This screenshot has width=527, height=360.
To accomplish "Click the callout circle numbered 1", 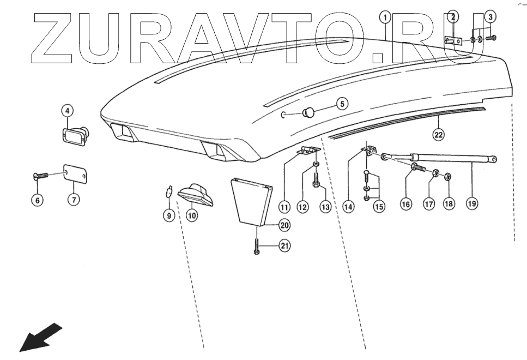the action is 385,17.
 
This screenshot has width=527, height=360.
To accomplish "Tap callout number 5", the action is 341,103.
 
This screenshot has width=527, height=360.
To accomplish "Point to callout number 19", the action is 472,203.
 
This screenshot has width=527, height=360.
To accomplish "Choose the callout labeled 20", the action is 284,224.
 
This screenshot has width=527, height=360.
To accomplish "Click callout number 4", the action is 67,111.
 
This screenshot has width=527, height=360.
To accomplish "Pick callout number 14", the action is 348,206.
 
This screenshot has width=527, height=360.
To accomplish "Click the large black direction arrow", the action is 41,337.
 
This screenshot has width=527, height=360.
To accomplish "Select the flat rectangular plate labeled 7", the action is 76,174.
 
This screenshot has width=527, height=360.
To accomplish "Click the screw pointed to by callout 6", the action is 41,175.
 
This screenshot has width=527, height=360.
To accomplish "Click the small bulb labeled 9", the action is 169,191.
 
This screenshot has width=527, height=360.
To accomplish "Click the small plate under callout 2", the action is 452,40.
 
